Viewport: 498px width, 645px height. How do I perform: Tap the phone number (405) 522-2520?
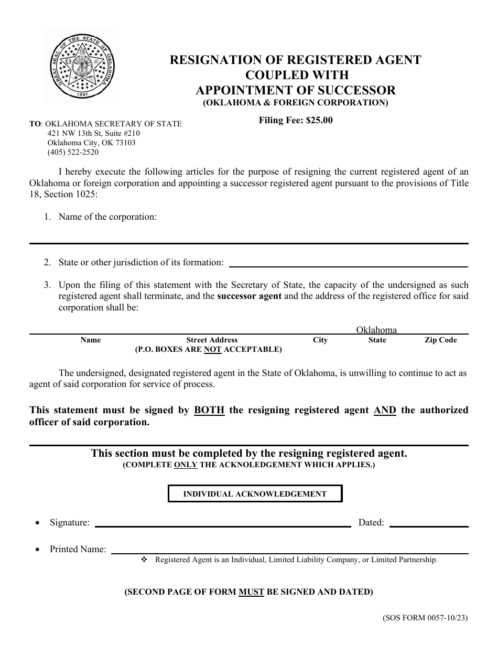[73, 153]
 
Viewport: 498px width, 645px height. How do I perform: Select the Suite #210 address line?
[93, 133]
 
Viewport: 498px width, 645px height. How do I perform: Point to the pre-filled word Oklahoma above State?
[376, 330]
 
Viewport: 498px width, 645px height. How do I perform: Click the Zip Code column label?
[440, 340]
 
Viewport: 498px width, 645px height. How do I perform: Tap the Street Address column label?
[212, 340]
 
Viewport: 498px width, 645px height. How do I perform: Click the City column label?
[320, 340]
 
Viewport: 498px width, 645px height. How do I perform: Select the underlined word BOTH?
[209, 410]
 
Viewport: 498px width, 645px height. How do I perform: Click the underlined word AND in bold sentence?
[385, 410]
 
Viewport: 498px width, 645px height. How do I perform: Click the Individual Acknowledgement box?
[255, 494]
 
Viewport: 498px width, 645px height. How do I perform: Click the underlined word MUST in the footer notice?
[251, 592]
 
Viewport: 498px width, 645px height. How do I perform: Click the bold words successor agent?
[250, 296]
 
